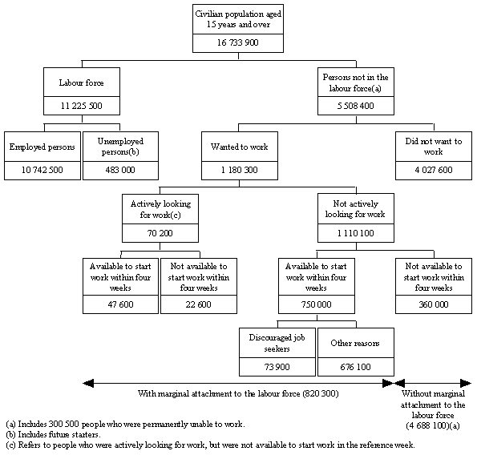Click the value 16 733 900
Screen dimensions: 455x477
(236, 42)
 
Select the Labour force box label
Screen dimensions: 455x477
(82, 82)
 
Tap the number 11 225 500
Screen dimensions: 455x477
(82, 105)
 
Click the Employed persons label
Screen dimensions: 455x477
(43, 147)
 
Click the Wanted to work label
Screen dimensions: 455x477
(237, 147)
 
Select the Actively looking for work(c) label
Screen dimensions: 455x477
(160, 209)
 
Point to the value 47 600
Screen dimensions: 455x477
(121, 304)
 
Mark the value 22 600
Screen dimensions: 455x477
(198, 304)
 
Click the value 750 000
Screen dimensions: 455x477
(317, 304)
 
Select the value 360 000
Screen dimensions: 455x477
(433, 304)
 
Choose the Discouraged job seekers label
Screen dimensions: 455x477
(277, 344)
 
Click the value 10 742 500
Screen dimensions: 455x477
(43, 170)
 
